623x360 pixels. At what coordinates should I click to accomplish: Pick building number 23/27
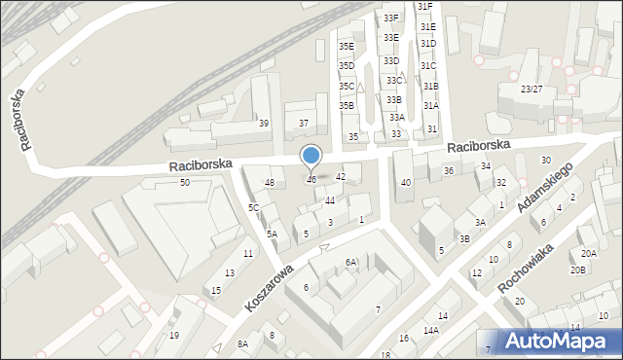tap(531, 89)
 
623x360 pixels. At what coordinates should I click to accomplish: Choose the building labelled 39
tap(263, 124)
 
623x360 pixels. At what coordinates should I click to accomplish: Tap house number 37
tap(304, 124)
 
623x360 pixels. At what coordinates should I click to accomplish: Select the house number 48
tap(270, 183)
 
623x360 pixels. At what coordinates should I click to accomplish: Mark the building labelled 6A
tap(350, 262)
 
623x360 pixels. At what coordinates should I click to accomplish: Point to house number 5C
tap(253, 207)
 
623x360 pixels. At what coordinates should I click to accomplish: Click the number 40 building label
tap(406, 183)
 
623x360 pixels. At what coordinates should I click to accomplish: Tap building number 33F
tap(390, 18)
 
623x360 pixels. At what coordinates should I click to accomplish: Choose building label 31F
tap(425, 7)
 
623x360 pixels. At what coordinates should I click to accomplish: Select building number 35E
tap(346, 46)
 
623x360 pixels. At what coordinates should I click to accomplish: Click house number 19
tap(174, 336)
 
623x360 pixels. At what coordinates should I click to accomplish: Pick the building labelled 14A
tap(430, 331)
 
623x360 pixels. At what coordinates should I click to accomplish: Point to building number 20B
tap(578, 270)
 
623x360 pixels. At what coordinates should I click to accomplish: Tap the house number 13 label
tap(230, 273)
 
